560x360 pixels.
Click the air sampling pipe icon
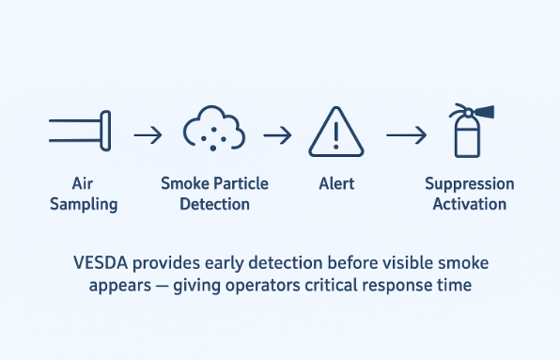[x=79, y=131]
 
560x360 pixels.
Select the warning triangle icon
[x=336, y=133]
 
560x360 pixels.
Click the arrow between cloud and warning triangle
[x=276, y=135]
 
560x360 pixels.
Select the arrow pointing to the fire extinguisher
[x=406, y=135]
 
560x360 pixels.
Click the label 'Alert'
[x=336, y=184]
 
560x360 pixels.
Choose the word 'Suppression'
[x=470, y=184]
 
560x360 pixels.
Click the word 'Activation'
[x=470, y=204]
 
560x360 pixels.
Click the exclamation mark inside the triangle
[x=336, y=137]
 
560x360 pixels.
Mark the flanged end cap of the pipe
[x=105, y=131]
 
